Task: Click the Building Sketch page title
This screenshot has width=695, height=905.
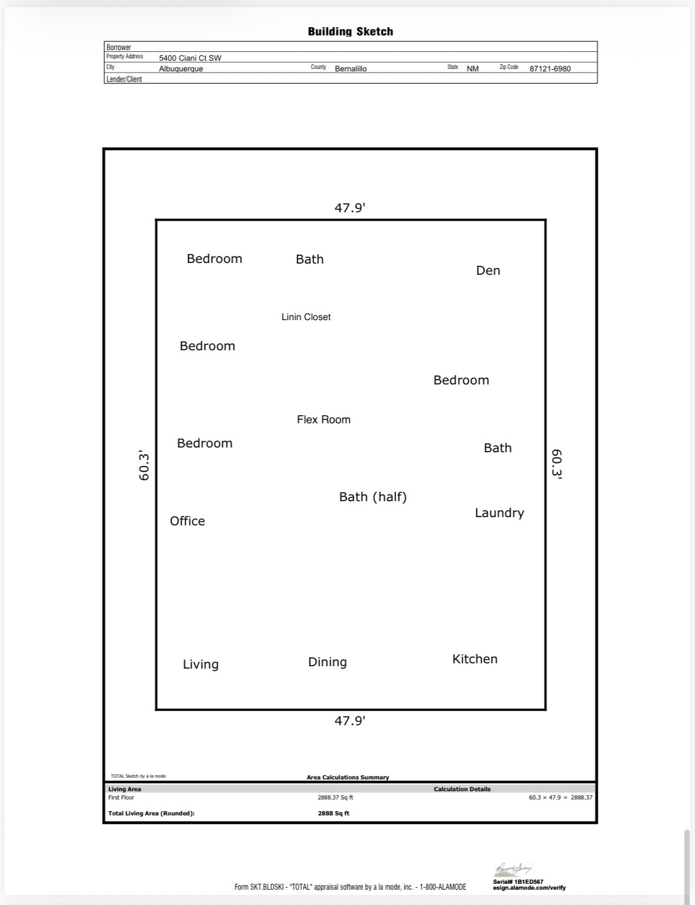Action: [x=350, y=32]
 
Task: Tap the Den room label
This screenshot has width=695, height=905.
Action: [x=488, y=271]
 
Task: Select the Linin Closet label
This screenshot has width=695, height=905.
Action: [x=306, y=317]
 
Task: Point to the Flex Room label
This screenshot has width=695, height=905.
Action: [x=324, y=419]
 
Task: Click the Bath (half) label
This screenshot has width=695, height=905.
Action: [x=373, y=497]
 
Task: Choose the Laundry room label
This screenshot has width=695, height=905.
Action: [x=499, y=513]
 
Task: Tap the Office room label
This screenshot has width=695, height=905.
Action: [x=187, y=521]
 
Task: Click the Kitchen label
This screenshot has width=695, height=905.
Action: [x=475, y=659]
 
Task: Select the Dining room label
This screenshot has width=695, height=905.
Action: [x=327, y=662]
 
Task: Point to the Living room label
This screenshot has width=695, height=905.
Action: [x=200, y=664]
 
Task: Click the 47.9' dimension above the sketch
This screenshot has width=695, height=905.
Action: [x=350, y=208]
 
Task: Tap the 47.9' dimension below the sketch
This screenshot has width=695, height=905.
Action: [x=350, y=721]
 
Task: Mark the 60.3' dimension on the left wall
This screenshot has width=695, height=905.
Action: [x=144, y=465]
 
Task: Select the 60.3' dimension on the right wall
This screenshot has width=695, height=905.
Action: [x=556, y=465]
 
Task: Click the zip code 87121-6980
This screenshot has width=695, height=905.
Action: [x=550, y=69]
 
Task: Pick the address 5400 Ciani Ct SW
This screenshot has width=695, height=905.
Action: [x=190, y=58]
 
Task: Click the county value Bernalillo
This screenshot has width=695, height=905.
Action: [x=351, y=69]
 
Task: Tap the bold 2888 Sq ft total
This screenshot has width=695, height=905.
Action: [x=334, y=813]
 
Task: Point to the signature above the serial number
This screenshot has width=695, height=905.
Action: [x=513, y=869]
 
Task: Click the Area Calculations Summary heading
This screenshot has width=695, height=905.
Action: [x=348, y=777]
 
